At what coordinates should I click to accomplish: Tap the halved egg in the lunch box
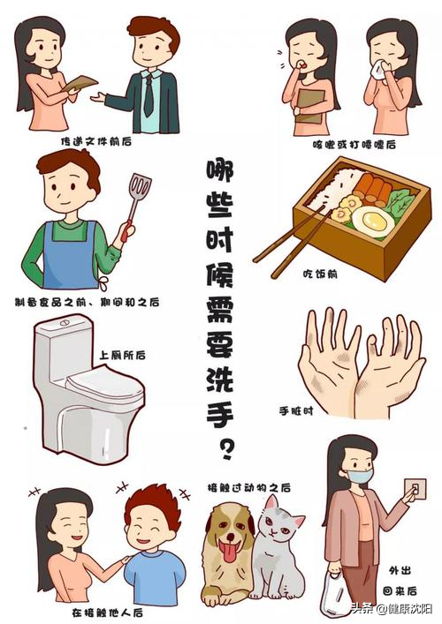click(x=372, y=221)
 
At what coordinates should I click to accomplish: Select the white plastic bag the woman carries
click(x=340, y=592)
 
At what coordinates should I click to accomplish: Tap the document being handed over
click(x=81, y=83)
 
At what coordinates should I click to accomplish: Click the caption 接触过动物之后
click(x=249, y=487)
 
